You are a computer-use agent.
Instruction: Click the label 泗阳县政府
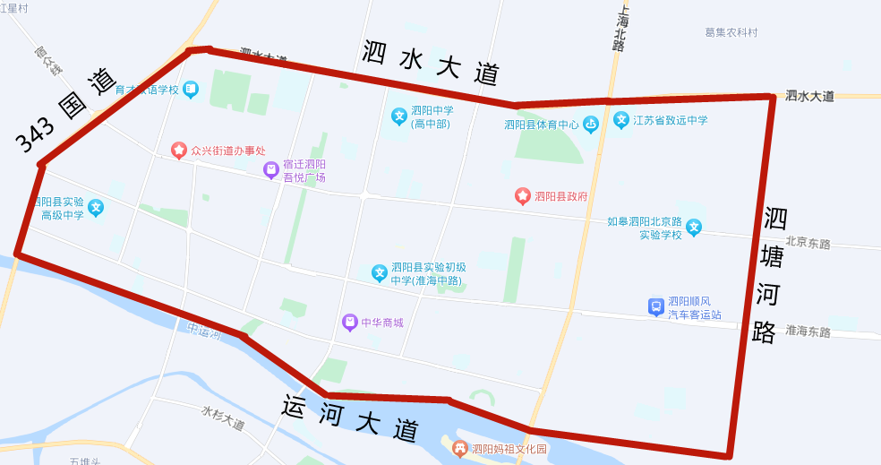pos(562,195)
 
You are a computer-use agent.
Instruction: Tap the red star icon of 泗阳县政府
pos(523,195)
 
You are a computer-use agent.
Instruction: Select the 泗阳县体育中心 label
pos(542,125)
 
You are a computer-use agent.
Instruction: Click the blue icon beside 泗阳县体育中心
pos(590,125)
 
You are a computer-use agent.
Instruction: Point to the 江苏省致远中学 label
pos(670,120)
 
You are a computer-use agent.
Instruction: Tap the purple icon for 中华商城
pos(350,323)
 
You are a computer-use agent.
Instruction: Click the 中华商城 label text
pos(382,323)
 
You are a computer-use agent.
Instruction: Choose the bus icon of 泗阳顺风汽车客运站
pos(656,307)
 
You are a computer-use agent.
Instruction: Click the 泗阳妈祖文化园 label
pos(509,449)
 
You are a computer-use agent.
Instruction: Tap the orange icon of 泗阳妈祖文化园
pos(460,448)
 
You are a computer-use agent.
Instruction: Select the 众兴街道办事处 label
pos(227,151)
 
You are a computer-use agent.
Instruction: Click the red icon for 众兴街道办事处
pos(179,150)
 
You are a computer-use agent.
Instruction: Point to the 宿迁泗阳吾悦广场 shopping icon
pos(270,170)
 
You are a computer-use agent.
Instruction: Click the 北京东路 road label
pos(808,242)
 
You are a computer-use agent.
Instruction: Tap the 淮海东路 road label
pos(808,332)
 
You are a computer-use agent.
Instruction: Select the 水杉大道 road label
pos(223,418)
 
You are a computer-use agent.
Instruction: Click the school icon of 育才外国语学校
pos(191,90)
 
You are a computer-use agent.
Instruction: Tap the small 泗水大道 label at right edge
pos(809,96)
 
